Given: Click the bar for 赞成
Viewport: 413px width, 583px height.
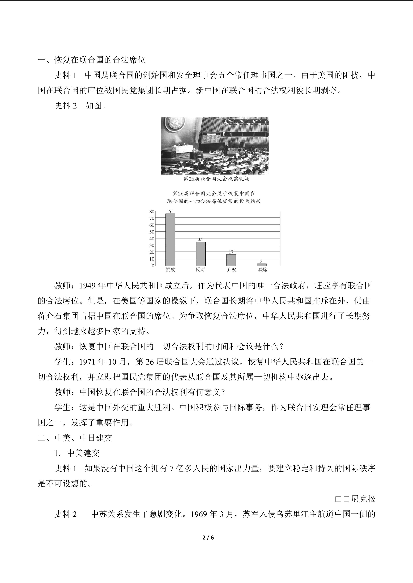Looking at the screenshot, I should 170,239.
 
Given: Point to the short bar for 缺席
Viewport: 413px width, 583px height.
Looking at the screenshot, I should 262,264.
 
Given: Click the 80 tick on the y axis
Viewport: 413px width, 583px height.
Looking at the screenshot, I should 152,211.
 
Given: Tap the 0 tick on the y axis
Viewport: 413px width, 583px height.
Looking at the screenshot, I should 153,266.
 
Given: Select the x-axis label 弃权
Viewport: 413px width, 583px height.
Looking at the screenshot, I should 231,270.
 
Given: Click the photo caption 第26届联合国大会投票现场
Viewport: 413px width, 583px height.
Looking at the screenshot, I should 216,179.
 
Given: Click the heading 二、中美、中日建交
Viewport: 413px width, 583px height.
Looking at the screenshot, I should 75,438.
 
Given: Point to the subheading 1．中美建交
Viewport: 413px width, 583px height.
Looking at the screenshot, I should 77,453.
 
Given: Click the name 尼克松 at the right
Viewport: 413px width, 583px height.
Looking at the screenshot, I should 363,499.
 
